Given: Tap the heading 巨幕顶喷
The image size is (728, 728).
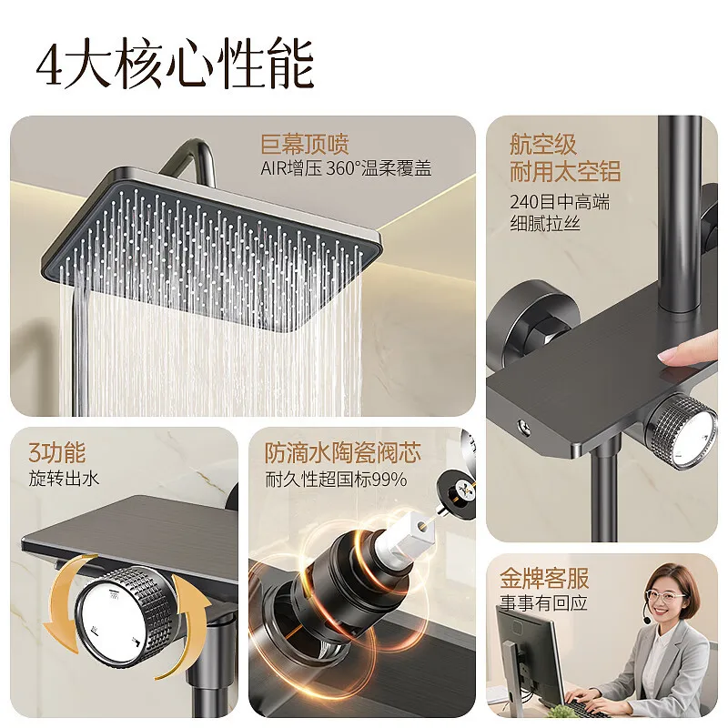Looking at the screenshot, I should [x=305, y=144].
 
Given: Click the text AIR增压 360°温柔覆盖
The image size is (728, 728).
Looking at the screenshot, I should [x=346, y=168].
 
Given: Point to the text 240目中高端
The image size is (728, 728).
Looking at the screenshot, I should [x=559, y=202].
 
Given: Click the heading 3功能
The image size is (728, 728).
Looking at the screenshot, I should [x=57, y=452].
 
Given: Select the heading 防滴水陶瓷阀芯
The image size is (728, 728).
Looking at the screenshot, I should [x=343, y=452].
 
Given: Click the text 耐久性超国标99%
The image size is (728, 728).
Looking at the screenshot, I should [x=336, y=479].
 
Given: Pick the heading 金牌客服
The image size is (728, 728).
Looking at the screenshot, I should [x=544, y=578].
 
